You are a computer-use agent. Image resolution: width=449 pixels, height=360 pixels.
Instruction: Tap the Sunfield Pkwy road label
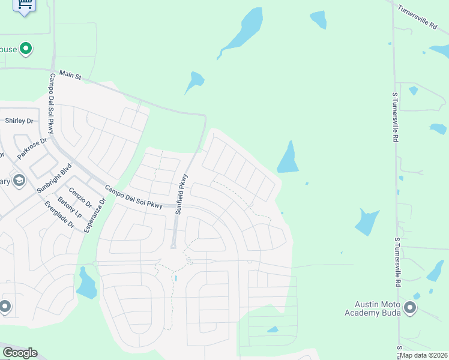coord(182,194)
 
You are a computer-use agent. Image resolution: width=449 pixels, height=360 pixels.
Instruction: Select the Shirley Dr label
coord(19,121)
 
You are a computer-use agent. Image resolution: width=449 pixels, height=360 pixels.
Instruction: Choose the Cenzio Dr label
coord(80,197)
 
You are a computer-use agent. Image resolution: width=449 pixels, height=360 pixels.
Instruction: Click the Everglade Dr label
coord(59,215)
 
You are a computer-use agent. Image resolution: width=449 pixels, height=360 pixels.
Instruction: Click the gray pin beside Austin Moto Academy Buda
coord(411,308)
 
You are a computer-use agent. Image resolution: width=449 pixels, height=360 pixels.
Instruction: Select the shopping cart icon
coord(25,4)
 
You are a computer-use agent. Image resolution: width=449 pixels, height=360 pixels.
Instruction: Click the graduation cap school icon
coord(19,181)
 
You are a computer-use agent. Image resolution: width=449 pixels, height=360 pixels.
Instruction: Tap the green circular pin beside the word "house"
coord(26,49)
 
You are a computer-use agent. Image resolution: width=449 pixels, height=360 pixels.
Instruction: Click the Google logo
coord(20,353)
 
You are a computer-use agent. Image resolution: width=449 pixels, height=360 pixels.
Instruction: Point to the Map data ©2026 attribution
coord(423,355)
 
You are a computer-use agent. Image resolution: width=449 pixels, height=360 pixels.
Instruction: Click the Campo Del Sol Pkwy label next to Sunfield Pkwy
coord(133,197)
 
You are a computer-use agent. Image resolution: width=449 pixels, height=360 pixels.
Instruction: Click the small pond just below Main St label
coord(194,81)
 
